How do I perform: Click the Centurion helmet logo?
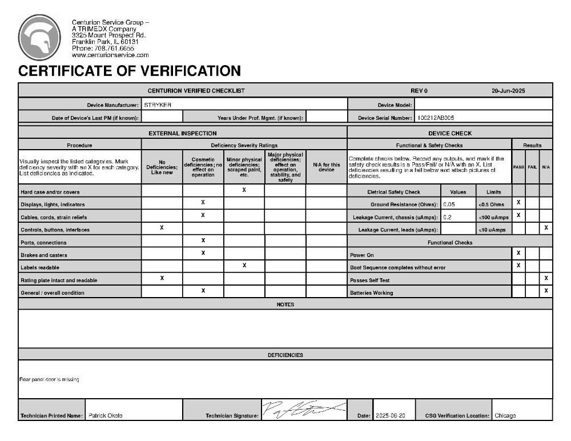pos(39,38)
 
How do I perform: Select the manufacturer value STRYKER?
pos(158,105)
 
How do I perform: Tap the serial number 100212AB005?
pos(436,118)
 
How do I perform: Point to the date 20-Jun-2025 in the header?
pos(508,91)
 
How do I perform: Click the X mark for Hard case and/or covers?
pos(244,190)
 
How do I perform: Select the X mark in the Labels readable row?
pos(244,266)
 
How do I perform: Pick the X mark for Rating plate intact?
pos(162,278)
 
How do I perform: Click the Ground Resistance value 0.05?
pos(449,204)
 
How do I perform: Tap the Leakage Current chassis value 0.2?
pos(448,217)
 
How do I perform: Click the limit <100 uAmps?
pos(493,217)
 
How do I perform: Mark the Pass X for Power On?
pos(518,252)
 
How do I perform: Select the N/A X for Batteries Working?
pos(546,291)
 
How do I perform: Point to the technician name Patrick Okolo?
pos(106,415)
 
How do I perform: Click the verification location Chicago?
pos(505,415)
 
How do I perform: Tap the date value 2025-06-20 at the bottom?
pos(391,415)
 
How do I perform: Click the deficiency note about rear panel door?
pos(49,380)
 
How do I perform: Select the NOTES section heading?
pos(285,304)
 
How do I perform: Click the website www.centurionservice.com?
pos(110,55)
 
